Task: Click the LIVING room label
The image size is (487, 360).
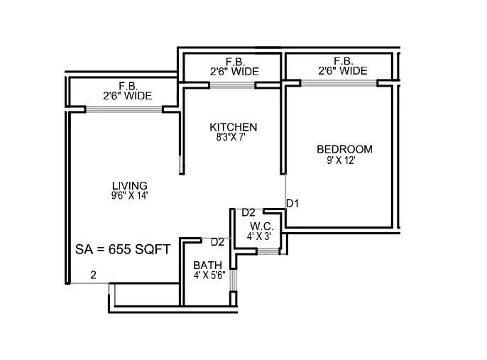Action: click(x=129, y=185)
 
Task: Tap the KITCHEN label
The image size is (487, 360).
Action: click(x=233, y=127)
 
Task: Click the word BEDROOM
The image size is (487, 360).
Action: click(x=344, y=149)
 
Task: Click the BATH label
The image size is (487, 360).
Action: click(x=207, y=266)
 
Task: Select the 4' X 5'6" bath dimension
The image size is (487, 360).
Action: click(x=209, y=276)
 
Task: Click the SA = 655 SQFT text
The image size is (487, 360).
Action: click(x=122, y=249)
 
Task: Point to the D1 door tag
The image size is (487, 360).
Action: click(x=292, y=204)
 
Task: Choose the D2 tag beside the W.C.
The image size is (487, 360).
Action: click(x=248, y=212)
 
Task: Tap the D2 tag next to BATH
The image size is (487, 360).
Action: click(x=217, y=242)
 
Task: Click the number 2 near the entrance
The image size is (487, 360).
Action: click(x=92, y=275)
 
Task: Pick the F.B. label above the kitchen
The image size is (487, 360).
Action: click(x=234, y=62)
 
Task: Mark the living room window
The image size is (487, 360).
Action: click(x=124, y=109)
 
